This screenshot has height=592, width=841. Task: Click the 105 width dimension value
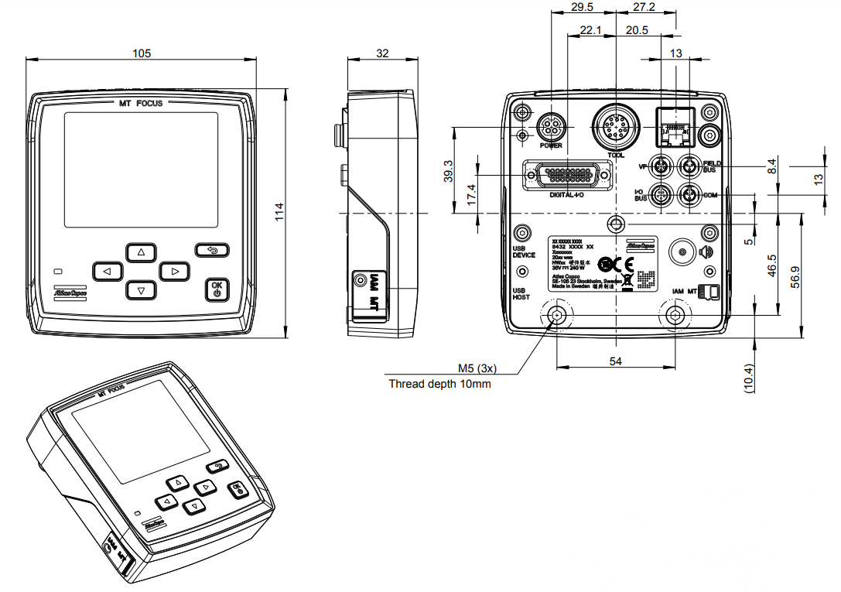141,53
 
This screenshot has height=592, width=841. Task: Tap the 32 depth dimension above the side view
382,53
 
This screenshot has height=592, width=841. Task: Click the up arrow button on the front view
141,252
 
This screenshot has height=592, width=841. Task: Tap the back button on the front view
213,249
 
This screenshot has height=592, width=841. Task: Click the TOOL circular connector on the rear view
615,126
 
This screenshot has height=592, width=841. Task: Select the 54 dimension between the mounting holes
616,361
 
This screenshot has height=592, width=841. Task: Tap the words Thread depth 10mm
439,384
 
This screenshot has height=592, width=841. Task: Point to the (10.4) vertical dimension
749,378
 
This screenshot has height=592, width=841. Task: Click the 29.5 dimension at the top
582,7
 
